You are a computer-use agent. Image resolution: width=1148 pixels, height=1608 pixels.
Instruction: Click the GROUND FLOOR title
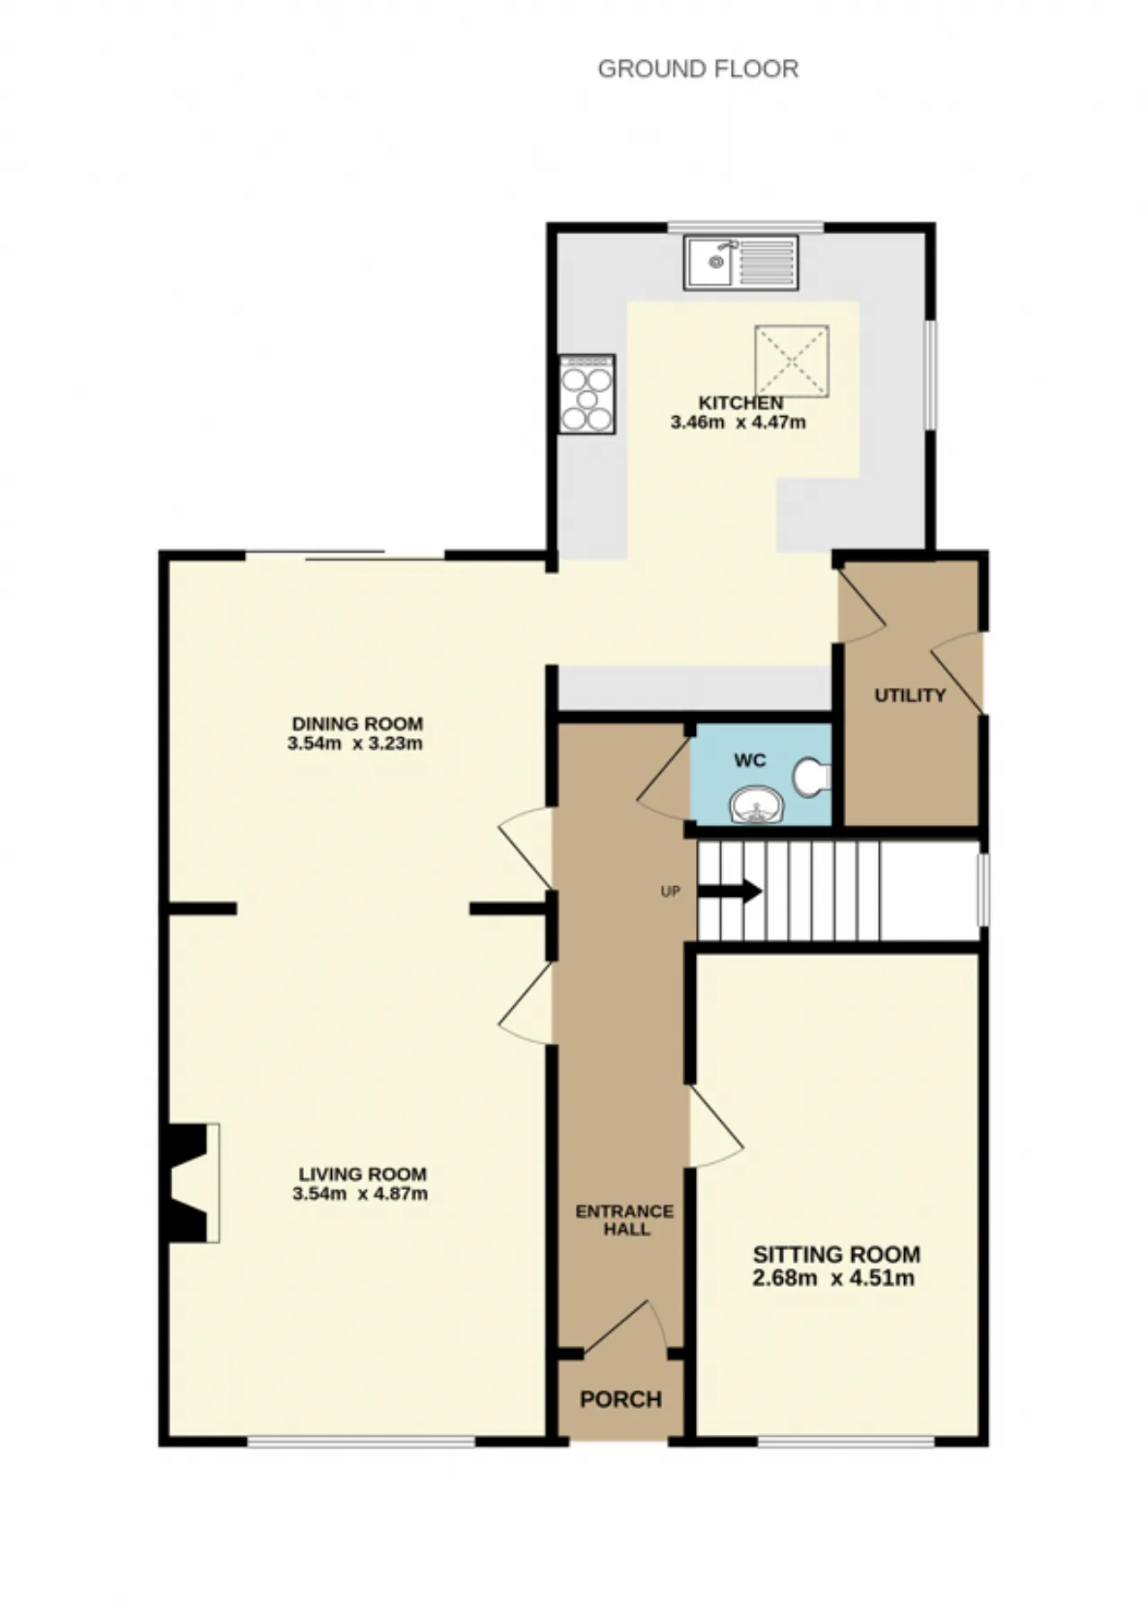[x=698, y=69]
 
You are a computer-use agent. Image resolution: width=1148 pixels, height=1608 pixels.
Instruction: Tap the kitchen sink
[x=741, y=262]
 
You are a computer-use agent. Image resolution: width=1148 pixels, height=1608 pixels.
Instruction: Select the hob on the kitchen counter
[x=587, y=395]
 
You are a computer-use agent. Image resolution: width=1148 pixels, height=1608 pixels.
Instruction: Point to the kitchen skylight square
[x=792, y=361]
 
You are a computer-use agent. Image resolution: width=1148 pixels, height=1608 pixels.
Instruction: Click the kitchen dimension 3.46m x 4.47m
[x=738, y=422]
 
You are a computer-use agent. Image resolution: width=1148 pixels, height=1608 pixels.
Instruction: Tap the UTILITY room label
[x=910, y=695]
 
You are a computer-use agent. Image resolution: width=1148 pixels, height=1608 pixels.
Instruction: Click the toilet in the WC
[x=813, y=777]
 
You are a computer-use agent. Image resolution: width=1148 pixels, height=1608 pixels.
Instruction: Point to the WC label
[x=750, y=761]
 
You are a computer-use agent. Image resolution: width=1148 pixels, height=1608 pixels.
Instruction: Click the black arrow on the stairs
[x=730, y=891]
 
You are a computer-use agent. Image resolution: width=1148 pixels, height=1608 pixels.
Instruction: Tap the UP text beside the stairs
[x=670, y=892]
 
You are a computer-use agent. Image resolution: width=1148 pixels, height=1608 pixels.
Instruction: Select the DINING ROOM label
[x=357, y=724]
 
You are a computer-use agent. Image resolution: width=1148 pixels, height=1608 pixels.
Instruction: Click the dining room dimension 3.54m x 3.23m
[x=355, y=743]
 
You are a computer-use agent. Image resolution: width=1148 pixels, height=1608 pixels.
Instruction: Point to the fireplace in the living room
[x=190, y=1183]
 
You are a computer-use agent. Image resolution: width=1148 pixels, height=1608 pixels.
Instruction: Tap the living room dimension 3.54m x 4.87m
[x=360, y=1194]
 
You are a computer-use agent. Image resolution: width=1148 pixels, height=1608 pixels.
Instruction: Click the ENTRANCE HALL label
[x=625, y=1221]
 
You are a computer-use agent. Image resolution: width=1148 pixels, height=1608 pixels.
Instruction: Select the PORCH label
[x=621, y=1400]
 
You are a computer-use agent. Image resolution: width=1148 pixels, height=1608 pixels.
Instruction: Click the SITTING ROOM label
[x=837, y=1255]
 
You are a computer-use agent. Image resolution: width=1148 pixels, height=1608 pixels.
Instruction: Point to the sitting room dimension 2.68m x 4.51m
[x=834, y=1278]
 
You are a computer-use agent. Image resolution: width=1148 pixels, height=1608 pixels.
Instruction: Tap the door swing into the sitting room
[x=716, y=1127]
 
